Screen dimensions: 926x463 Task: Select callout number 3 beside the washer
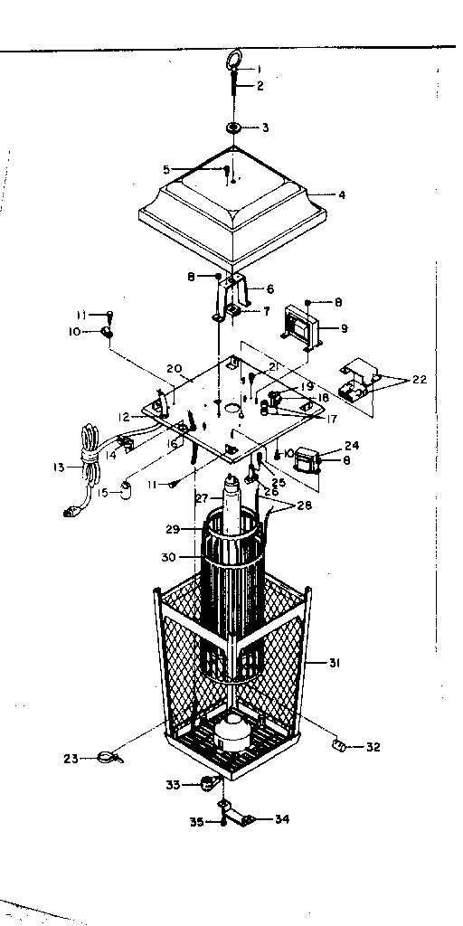[x=265, y=128]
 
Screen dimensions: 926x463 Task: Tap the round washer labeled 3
[x=233, y=128]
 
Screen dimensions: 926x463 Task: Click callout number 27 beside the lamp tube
[x=203, y=497]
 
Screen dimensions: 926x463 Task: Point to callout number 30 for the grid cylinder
[x=169, y=557]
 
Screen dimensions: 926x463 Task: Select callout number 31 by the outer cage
[x=335, y=663]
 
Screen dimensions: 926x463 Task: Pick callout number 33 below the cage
[x=173, y=784]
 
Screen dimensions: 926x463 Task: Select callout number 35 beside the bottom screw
[x=194, y=821]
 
